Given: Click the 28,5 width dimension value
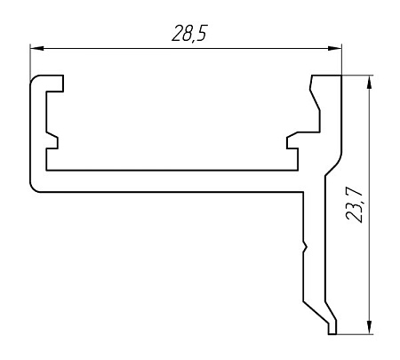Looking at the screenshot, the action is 188,33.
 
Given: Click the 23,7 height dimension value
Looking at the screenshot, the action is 355,204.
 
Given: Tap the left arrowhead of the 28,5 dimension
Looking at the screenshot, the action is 37,48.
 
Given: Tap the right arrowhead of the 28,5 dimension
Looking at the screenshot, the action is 334,48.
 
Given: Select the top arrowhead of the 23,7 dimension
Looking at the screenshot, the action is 369,82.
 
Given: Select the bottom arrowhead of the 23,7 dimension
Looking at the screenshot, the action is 369,327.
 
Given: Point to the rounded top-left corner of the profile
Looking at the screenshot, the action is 33,79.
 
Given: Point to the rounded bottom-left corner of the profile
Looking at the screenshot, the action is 33,188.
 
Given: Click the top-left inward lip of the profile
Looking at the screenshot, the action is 55,84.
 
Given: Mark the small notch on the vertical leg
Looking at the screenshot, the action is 306,246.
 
